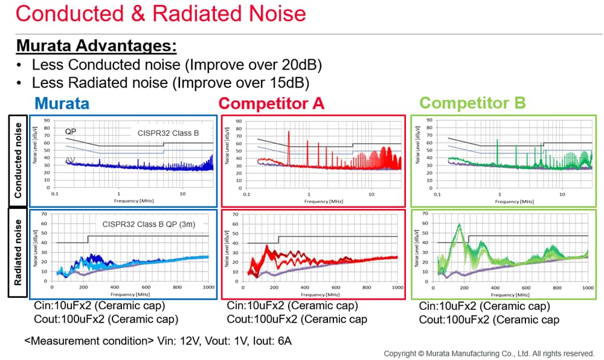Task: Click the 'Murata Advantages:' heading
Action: pyautogui.click(x=96, y=46)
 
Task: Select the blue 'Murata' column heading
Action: pyautogui.click(x=62, y=103)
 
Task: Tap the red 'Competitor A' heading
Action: pyautogui.click(x=271, y=103)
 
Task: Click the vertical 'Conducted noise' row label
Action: pyautogui.click(x=18, y=160)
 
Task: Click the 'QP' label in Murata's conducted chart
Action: pyautogui.click(x=71, y=131)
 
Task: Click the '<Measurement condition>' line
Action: pyautogui.click(x=158, y=341)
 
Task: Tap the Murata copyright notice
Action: pyautogui.click(x=489, y=353)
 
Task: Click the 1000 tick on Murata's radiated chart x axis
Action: pyautogui.click(x=208, y=289)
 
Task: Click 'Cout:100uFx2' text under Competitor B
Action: pyautogui.click(x=489, y=320)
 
